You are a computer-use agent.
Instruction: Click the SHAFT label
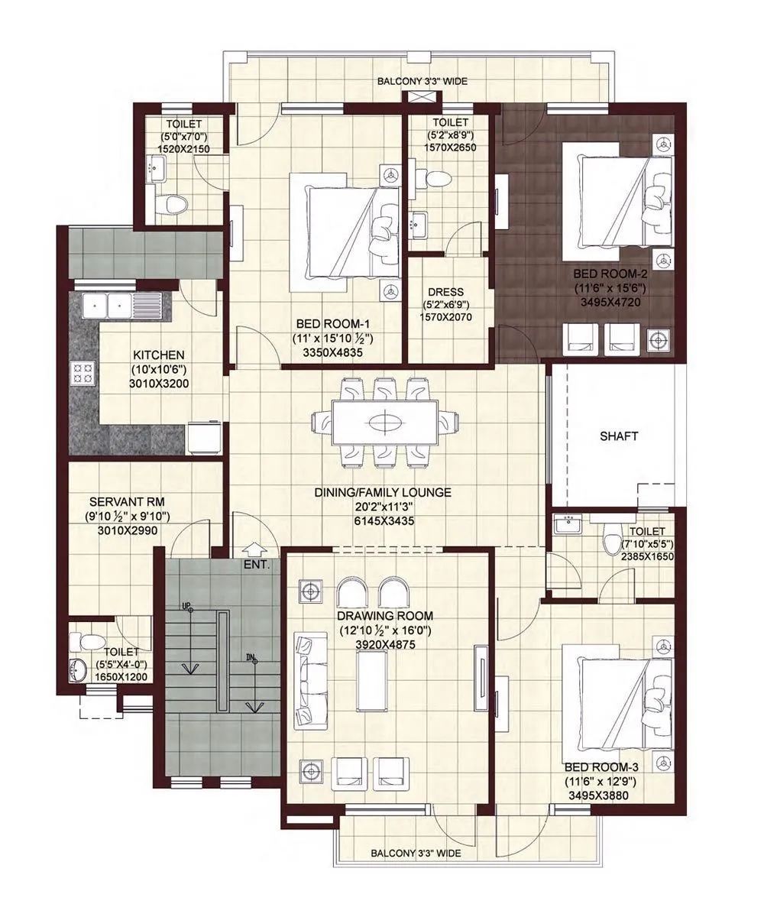click(x=618, y=436)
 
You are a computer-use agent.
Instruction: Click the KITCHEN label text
click(x=158, y=355)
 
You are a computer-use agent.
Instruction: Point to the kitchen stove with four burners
click(x=83, y=374)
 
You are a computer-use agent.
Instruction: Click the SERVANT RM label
click(x=127, y=502)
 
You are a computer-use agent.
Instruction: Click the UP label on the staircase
click(x=186, y=606)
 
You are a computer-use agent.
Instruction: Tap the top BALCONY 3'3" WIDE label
click(x=422, y=80)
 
